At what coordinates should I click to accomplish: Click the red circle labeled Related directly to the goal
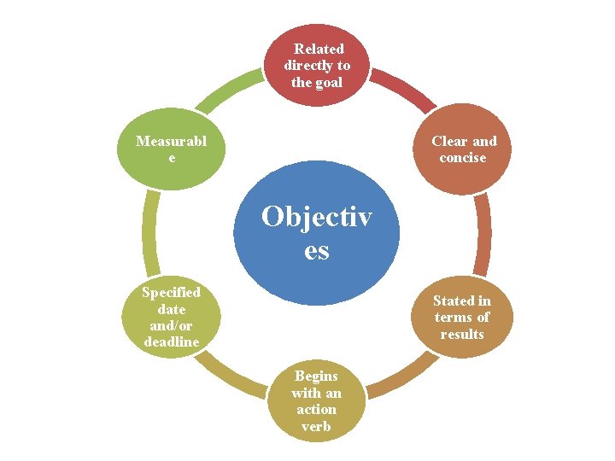click(317, 65)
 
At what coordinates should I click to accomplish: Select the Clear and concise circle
click(463, 149)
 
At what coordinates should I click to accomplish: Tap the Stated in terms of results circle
click(462, 317)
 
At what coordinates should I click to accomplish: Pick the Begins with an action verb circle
click(316, 401)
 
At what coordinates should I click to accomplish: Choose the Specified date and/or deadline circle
click(171, 318)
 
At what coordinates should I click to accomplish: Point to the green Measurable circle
click(172, 149)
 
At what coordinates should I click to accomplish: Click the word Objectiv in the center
click(317, 218)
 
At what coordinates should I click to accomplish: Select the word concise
click(463, 158)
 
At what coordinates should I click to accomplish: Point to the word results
click(462, 334)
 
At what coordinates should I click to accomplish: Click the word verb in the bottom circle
click(316, 426)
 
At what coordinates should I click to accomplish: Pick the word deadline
click(171, 342)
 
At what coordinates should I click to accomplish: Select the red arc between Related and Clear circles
click(401, 90)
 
